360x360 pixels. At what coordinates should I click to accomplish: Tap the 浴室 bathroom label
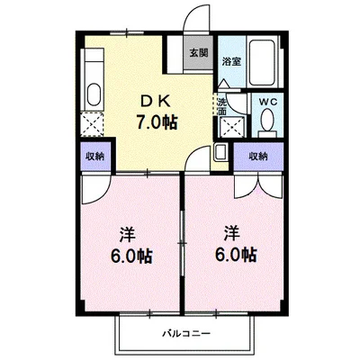click(231, 61)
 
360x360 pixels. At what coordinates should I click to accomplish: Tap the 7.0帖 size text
click(156, 122)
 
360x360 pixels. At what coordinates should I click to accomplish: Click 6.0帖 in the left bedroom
click(132, 256)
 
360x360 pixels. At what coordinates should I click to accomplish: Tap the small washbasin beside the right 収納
click(220, 152)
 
